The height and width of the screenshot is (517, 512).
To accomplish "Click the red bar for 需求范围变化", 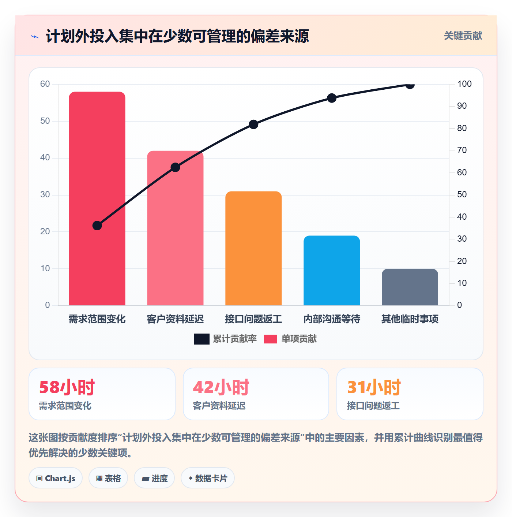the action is coord(97,198).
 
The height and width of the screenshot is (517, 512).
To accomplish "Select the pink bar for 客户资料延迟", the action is coord(175,228).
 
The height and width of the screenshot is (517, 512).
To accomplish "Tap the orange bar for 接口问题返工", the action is coord(253,248).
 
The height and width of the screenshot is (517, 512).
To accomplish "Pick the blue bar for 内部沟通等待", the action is coord(332,271).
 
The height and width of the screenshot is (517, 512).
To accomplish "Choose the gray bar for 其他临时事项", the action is coord(410,287).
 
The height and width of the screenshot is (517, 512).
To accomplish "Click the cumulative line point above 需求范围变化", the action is coord(97,226).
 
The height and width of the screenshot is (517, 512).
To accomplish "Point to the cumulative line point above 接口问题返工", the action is coord(253,124).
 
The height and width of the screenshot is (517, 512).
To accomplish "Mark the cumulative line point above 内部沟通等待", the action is coord(332,98).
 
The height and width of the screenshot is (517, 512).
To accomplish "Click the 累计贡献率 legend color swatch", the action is coord(202,339).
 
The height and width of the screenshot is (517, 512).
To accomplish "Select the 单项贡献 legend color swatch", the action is coord(271,339).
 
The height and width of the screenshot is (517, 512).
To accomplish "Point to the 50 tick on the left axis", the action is coord(45,121).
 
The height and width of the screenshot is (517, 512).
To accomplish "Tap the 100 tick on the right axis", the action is coord(464,84).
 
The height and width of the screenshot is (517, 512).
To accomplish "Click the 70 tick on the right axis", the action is coord(462,150).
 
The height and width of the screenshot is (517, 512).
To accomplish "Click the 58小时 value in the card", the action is coord(67,387).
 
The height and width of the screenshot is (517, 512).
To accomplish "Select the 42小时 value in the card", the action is coord(221,387).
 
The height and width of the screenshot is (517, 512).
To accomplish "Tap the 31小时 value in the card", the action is coord(374,387).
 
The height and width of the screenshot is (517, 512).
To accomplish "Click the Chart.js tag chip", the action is coord(56,478).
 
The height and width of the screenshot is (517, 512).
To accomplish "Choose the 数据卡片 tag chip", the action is coord(208,478).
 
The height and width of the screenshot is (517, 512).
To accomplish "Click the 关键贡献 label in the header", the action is coord(463,36).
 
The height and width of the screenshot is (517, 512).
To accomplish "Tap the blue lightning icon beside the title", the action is coord(35,37).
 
